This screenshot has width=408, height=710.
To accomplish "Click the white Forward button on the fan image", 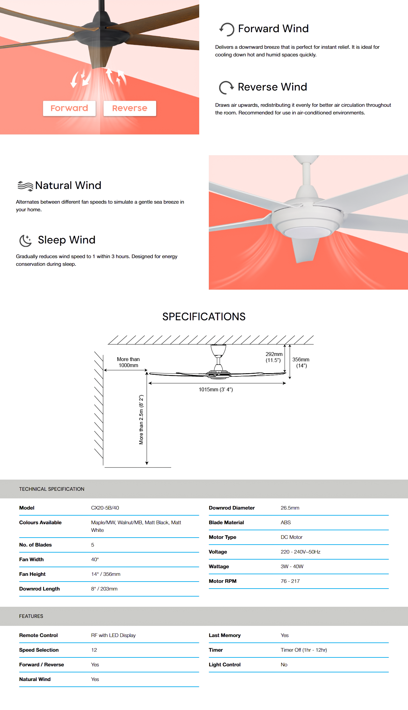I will tap(69, 108).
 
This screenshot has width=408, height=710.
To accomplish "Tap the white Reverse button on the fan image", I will tap(130, 108).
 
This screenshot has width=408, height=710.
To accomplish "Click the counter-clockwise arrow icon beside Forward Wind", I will tap(227, 29).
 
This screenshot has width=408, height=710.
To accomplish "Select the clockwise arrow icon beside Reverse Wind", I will tap(226, 88).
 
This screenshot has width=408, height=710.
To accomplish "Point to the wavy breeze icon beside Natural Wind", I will tap(25, 186).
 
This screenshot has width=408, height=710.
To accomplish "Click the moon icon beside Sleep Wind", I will tap(25, 241).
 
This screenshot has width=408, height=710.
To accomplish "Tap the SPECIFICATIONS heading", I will tap(204, 317).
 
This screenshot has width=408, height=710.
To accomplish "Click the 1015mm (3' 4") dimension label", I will tap(216, 389).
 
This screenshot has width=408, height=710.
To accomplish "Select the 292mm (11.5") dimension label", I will tap(274, 357).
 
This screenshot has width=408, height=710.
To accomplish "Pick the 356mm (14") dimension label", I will tap(301, 363).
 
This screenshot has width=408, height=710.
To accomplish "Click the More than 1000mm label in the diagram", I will tap(128, 362).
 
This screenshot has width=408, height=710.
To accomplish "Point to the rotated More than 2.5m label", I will tap(141, 420).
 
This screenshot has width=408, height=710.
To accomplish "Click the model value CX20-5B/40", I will tap(105, 508).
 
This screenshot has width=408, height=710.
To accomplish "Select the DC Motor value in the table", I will tap(291, 537).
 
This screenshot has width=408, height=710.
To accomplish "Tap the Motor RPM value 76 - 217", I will tap(290, 581).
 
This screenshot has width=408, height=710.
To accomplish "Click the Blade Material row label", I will tap(226, 523).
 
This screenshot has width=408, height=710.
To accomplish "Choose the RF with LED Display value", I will tap(113, 635).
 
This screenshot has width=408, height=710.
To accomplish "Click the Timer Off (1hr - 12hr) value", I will tap(304, 650).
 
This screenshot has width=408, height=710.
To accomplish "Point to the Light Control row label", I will tap(224, 665).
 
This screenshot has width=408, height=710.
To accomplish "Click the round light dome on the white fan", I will tap(307, 232).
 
